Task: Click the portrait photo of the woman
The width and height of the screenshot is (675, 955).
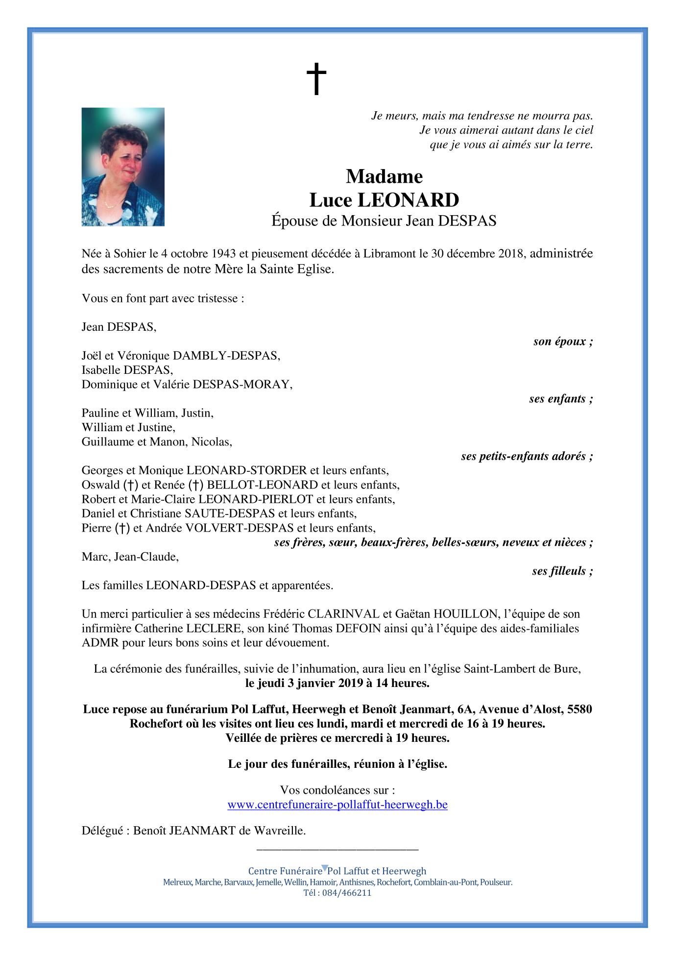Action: pyautogui.click(x=123, y=167)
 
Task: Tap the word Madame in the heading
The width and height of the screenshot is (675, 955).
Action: pyautogui.click(x=384, y=176)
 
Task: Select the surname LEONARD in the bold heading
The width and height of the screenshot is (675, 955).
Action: pyautogui.click(x=408, y=200)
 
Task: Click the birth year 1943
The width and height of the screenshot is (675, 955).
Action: pyautogui.click(x=224, y=254)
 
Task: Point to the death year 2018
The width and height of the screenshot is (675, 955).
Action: pyautogui.click(x=511, y=254)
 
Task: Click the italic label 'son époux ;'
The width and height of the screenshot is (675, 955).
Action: pyautogui.click(x=563, y=342)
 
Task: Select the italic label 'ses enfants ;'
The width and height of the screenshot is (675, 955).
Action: pyautogui.click(x=560, y=399)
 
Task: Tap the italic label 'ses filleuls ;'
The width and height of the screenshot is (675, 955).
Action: pyautogui.click(x=562, y=571)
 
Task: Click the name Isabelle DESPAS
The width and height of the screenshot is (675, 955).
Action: pyautogui.click(x=127, y=370)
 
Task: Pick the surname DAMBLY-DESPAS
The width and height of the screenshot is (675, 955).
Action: pyautogui.click(x=226, y=356)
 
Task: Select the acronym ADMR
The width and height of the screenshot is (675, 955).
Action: pyautogui.click(x=100, y=642)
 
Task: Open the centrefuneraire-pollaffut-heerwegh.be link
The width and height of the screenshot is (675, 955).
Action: pyautogui.click(x=337, y=805)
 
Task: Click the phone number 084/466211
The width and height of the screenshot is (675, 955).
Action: pyautogui.click(x=347, y=893)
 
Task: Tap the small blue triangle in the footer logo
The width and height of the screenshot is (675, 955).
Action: pyautogui.click(x=324, y=868)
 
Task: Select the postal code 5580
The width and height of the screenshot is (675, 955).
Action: pyautogui.click(x=579, y=709)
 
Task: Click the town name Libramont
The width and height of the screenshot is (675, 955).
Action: pyautogui.click(x=389, y=254)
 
